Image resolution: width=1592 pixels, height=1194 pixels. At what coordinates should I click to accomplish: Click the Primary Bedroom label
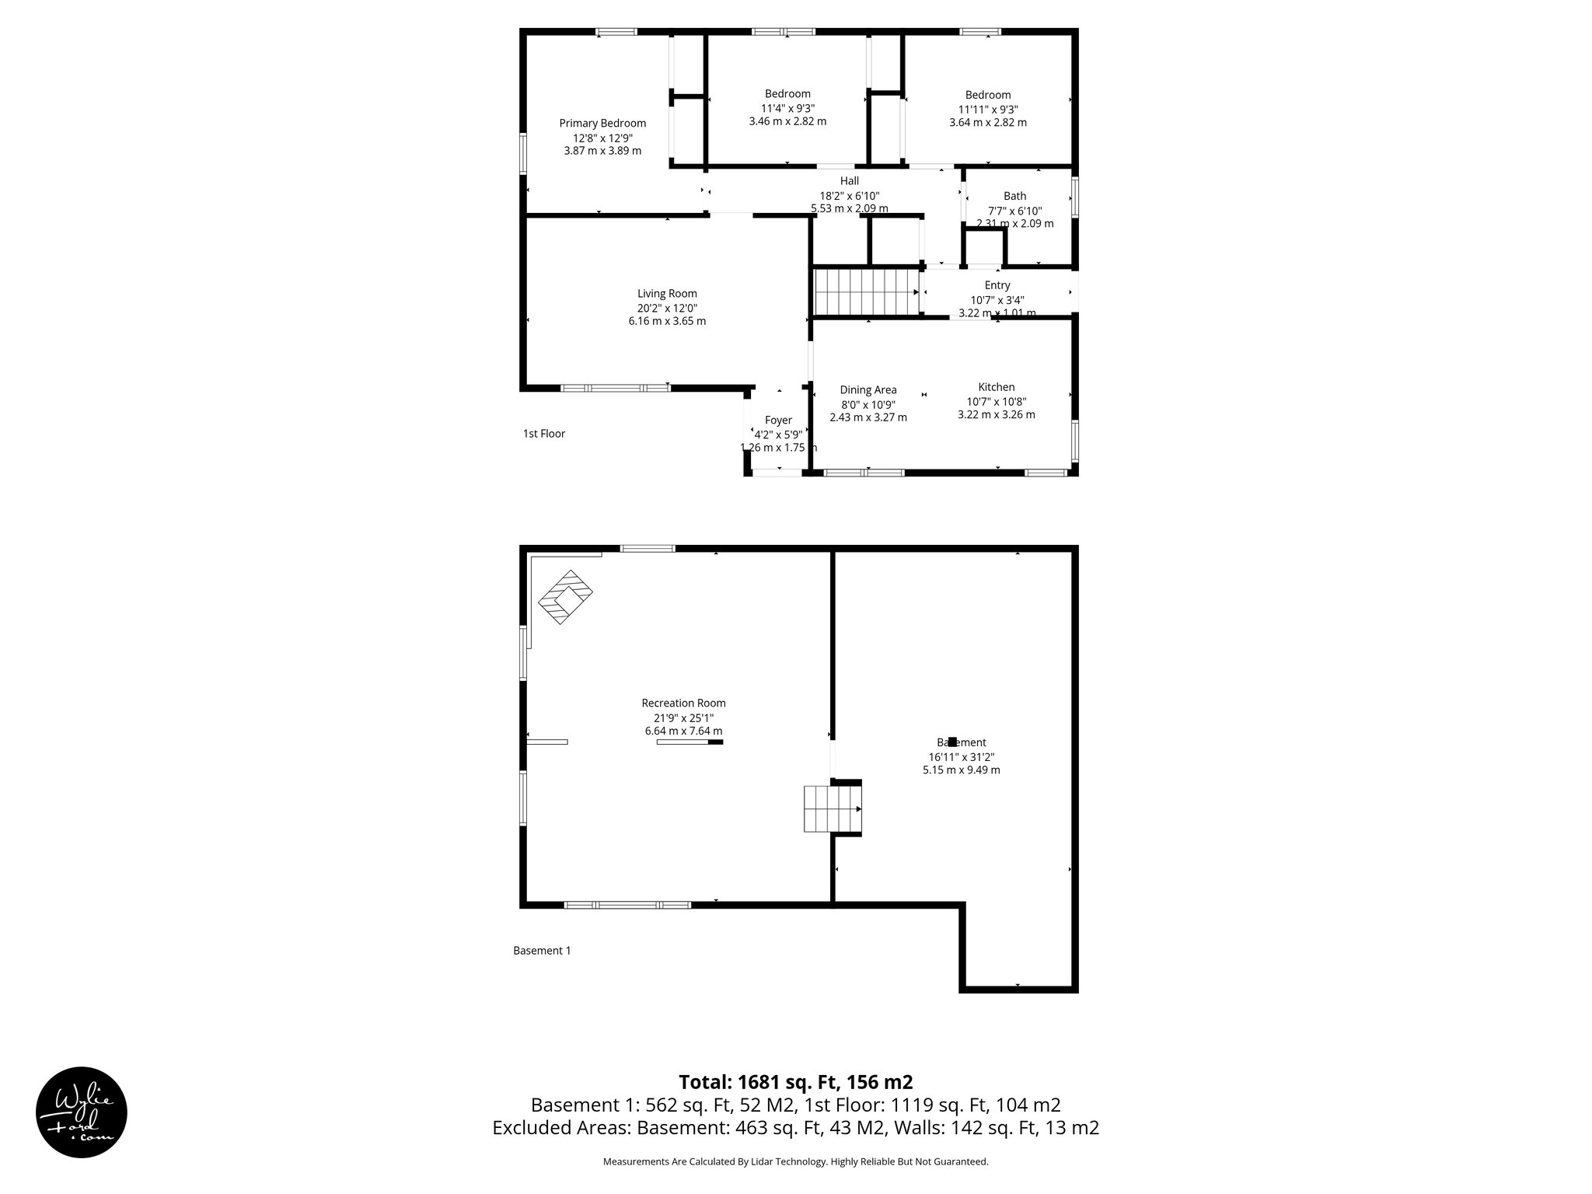tap(602, 123)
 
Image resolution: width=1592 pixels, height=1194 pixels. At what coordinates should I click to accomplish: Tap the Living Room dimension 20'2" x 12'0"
tap(667, 308)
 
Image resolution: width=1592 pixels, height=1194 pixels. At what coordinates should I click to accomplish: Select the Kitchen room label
tap(996, 387)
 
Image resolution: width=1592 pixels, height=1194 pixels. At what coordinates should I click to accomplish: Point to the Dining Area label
tap(868, 390)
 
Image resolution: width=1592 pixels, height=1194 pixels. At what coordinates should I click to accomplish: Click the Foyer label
tap(778, 421)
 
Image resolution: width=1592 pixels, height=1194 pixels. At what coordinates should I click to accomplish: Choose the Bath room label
tap(1014, 196)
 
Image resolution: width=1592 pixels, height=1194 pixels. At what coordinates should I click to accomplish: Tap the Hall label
tap(849, 181)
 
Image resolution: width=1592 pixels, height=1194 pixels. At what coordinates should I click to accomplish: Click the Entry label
tap(997, 285)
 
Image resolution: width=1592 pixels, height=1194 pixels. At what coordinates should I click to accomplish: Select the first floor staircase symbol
tap(865, 292)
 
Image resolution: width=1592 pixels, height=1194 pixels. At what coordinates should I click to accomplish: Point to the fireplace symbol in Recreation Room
tap(566, 597)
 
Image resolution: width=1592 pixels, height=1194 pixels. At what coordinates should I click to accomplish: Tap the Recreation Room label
tap(683, 703)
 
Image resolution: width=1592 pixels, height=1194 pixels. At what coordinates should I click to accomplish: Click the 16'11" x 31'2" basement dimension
tap(961, 756)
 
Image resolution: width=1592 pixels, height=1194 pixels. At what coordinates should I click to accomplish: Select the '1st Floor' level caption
tap(543, 434)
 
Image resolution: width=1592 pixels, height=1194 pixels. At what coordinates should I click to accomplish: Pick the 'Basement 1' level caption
tap(542, 950)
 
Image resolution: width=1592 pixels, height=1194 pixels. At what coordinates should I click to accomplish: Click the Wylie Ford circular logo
tap(82, 1112)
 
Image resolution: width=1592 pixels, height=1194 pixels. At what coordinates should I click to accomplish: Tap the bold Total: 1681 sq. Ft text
tap(795, 1081)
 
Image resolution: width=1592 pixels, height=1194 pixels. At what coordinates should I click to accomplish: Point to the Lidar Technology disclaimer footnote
tap(795, 1161)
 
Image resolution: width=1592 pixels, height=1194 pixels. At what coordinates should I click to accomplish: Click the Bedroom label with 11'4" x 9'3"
tap(787, 94)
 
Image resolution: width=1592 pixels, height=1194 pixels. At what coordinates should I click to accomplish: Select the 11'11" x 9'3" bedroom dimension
tap(987, 110)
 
